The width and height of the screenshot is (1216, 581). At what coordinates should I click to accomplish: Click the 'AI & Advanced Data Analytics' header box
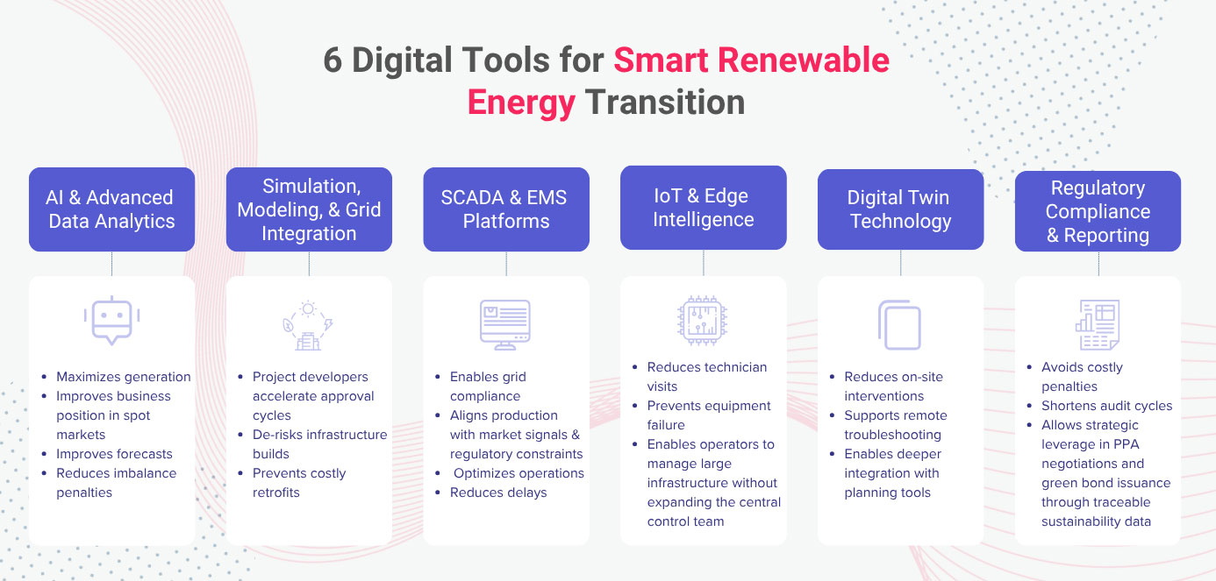coord(111,209)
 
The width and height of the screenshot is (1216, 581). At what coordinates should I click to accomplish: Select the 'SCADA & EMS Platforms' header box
coord(506,209)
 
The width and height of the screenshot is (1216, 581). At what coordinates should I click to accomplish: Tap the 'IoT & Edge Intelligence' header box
coord(703,208)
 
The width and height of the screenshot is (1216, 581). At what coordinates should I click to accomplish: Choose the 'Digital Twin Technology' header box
coord(901,209)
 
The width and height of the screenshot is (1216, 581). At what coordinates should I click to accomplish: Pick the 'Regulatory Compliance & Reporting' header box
coord(1098,211)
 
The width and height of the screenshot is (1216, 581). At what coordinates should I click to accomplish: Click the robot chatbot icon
coord(111,321)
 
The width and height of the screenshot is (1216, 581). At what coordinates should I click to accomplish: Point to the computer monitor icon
coord(504,324)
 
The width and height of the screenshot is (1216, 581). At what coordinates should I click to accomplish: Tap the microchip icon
coord(703,321)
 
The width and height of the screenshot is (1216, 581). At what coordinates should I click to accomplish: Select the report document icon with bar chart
coord(1098,324)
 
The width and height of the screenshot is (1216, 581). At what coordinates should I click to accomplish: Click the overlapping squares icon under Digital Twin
coord(899,324)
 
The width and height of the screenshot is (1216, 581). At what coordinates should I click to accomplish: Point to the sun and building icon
coord(308,325)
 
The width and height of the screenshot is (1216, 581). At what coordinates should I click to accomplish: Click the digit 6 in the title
coord(333,60)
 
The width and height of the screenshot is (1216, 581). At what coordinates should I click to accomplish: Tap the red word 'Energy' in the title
coord(521,103)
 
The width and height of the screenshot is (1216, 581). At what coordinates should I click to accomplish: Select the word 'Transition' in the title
coord(665,102)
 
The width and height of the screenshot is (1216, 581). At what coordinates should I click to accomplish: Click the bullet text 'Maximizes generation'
coord(123,377)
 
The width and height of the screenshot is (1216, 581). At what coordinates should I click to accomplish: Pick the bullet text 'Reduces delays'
coord(498,492)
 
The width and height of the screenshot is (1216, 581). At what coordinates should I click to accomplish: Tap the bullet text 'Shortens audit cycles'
coord(1107,406)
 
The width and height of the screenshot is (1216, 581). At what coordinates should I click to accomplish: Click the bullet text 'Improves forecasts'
coord(114,454)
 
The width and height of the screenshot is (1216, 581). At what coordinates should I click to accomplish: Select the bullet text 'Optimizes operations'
coord(519,473)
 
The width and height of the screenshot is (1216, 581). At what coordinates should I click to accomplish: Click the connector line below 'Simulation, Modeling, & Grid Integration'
coord(310,264)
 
